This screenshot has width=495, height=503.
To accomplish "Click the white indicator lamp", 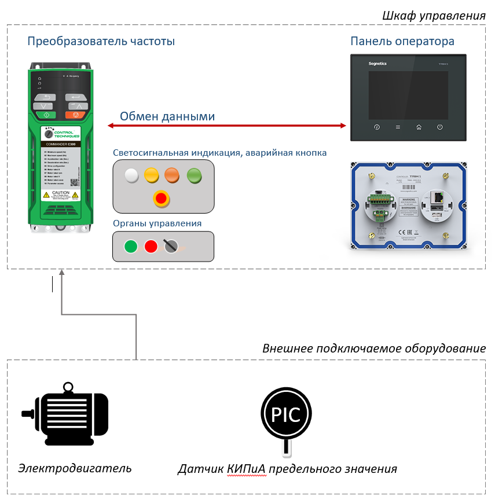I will pos(132,175).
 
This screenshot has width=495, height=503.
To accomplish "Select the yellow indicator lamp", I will pos(151,174).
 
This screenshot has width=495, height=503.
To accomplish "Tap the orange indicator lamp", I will pos(173,174).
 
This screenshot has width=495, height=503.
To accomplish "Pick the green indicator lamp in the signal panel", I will pos(194,174).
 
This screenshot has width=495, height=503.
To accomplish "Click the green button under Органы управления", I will pos(131,246).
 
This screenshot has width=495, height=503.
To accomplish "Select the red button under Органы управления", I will pos(151,246).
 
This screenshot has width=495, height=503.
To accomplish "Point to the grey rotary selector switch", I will pos(170,246).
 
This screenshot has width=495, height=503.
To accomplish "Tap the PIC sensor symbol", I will pos(287,414).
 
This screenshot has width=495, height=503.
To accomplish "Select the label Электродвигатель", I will pos(75,468).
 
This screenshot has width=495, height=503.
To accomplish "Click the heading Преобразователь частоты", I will pos(101,42).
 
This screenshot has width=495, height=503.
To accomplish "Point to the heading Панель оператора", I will pos(402,42).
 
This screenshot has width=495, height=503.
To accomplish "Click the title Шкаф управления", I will pos(434,16).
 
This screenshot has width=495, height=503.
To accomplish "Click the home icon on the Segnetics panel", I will pos(419,127).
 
